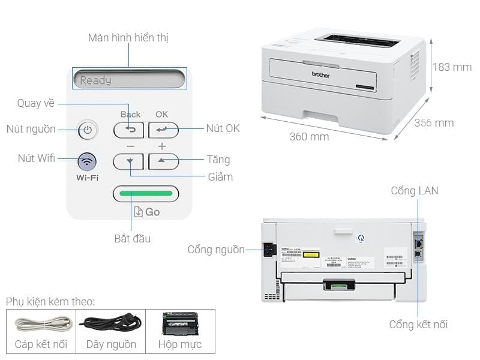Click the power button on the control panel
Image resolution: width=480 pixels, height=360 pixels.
pyautogui.click(x=88, y=130)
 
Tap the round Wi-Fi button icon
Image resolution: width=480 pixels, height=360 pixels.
pyautogui.click(x=88, y=161)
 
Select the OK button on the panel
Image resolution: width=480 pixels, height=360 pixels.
pyautogui.click(x=163, y=130)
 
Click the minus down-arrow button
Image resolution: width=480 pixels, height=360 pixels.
pyautogui.click(x=128, y=161)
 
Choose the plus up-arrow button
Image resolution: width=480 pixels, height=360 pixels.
pyautogui.click(x=163, y=161)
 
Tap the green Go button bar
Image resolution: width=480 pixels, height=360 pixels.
pyautogui.click(x=146, y=194)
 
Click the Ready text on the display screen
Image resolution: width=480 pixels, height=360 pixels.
pyautogui.click(x=96, y=80)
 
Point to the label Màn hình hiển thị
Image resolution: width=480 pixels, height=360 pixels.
pyautogui.click(x=128, y=38)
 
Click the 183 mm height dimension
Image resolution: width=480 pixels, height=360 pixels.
pyautogui.click(x=452, y=67)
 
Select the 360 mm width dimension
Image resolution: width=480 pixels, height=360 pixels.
pyautogui.click(x=309, y=137)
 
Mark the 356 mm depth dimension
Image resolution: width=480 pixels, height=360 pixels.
pyautogui.click(x=434, y=123)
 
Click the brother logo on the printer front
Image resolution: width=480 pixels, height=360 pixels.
pyautogui.click(x=321, y=76)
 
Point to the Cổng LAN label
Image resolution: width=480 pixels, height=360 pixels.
pyautogui.click(x=415, y=191)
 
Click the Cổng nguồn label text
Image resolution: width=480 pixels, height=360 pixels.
pyautogui.click(x=216, y=250)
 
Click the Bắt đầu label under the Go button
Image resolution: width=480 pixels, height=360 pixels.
pyautogui.click(x=133, y=239)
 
